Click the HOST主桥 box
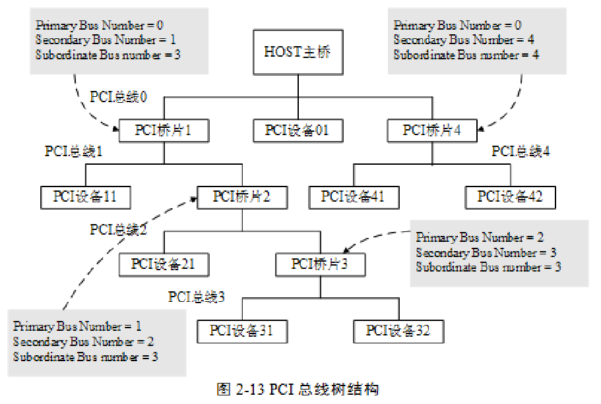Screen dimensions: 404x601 (x=297, y=53)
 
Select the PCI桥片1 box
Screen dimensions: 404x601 (x=163, y=130)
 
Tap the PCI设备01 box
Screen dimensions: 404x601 (x=297, y=130)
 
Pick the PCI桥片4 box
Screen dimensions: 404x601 (x=431, y=130)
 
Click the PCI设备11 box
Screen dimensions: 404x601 (x=84, y=196)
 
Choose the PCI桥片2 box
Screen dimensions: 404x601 (x=241, y=196)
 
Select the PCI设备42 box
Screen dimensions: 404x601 (x=509, y=196)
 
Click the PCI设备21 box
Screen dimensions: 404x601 (x=163, y=264)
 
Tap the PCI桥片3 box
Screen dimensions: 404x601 (x=319, y=264)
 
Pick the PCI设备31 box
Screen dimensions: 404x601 (x=241, y=331)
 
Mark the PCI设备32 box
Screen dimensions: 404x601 (x=398, y=331)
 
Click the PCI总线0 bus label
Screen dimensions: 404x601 (x=119, y=97)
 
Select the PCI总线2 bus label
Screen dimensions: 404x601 (x=119, y=229)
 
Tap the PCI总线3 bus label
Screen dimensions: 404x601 (x=197, y=297)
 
